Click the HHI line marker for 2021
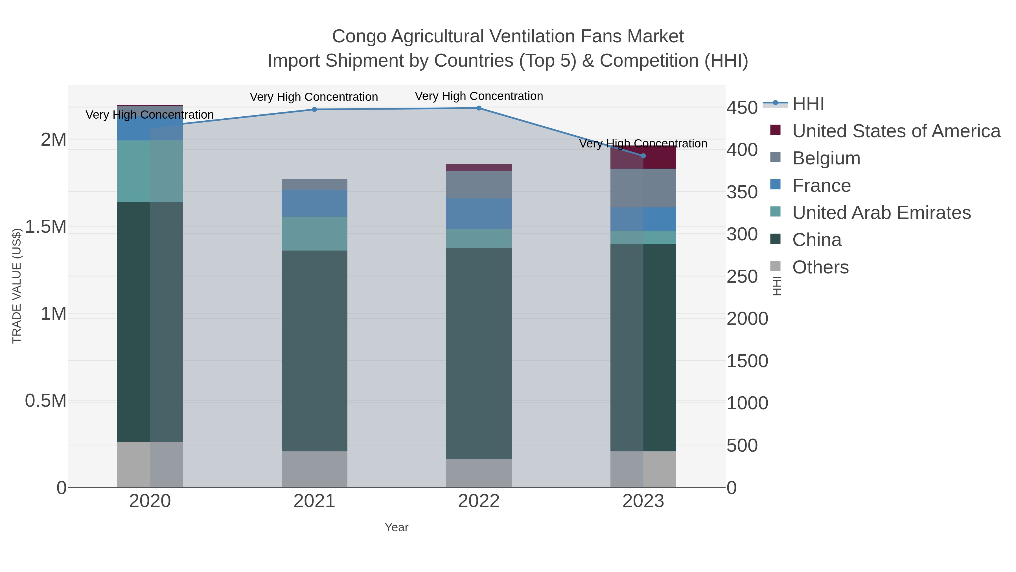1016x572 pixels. click(x=314, y=109)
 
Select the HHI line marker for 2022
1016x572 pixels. click(x=479, y=108)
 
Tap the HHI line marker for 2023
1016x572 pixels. click(x=643, y=156)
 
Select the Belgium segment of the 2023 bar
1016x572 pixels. click(x=643, y=188)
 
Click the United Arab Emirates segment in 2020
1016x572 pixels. click(x=150, y=171)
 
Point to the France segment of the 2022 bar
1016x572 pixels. click(x=479, y=213)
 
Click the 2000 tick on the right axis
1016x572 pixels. click(x=747, y=319)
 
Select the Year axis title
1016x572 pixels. click(x=397, y=527)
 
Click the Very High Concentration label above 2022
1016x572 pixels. click(x=479, y=96)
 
